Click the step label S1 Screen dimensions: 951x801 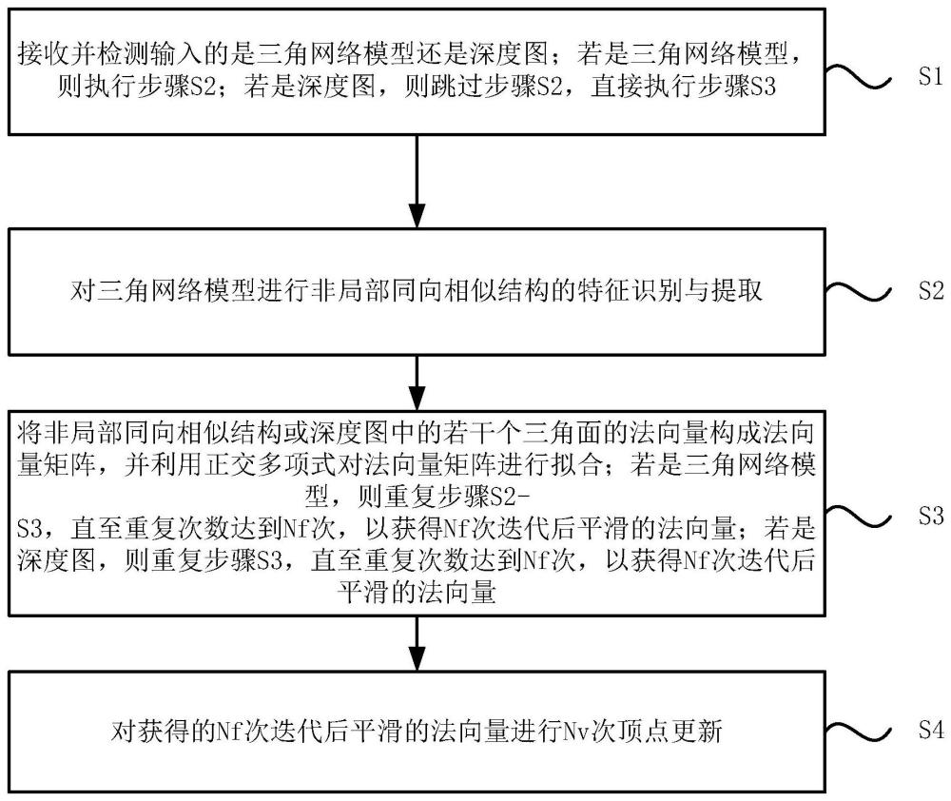tap(930, 76)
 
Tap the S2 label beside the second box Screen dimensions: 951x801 tap(931, 290)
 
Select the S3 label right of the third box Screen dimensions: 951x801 tap(931, 516)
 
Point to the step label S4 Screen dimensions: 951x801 tap(931, 729)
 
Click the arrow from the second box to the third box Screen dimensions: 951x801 tap(417, 383)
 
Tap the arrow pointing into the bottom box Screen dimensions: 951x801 tap(417, 644)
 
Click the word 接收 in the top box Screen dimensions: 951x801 tap(43, 53)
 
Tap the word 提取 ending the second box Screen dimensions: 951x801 tap(737, 290)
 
